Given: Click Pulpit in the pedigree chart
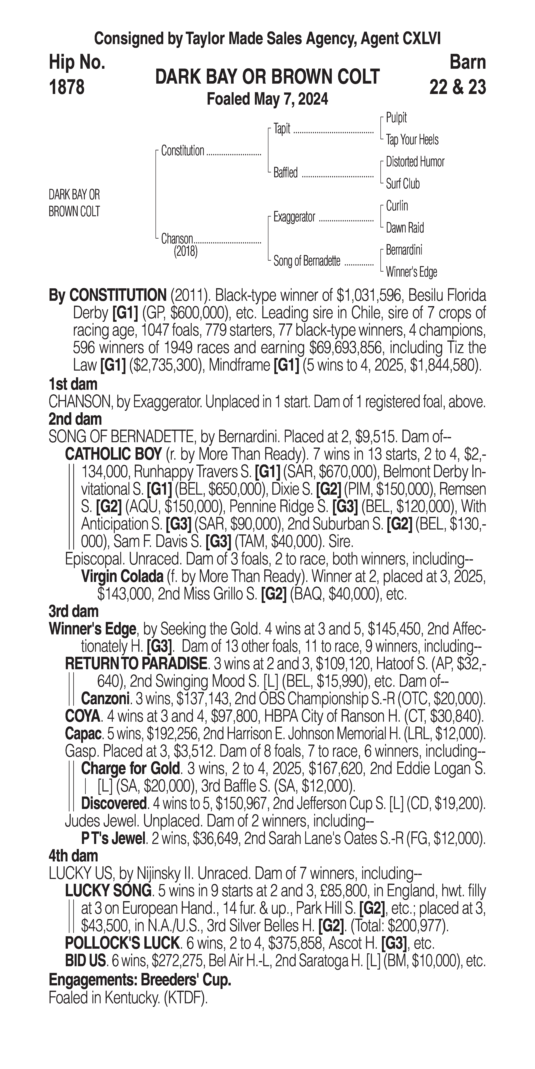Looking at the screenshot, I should (396, 118).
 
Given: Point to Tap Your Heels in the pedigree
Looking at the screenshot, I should (412, 140).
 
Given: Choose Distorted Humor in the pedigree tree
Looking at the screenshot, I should (415, 162).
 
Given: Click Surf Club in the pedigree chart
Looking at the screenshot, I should (402, 184).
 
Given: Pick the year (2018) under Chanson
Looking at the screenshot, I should (185, 252).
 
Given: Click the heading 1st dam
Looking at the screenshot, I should (73, 384).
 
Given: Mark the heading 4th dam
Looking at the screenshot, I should (73, 856).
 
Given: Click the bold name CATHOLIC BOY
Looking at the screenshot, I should (113, 454).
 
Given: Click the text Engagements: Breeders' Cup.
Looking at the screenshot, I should (140, 980).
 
